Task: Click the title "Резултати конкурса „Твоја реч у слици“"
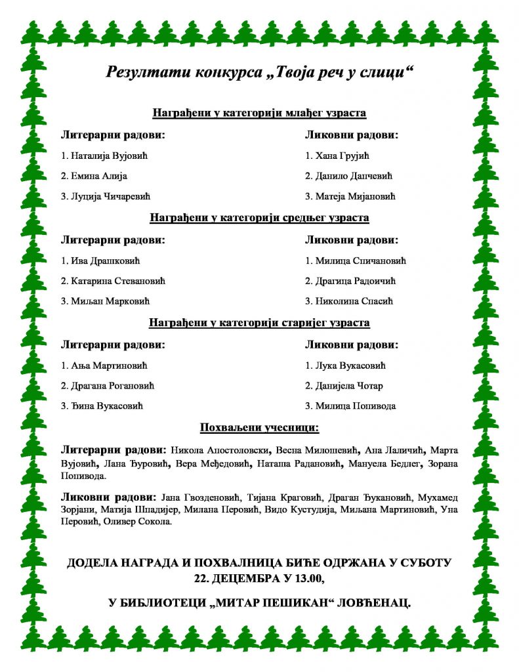(x=259, y=72)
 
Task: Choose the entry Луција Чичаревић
(x=110, y=196)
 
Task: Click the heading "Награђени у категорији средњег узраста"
(x=259, y=217)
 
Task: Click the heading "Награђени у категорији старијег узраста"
(x=259, y=323)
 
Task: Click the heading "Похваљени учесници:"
(x=259, y=429)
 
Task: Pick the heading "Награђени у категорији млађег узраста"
(x=259, y=113)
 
